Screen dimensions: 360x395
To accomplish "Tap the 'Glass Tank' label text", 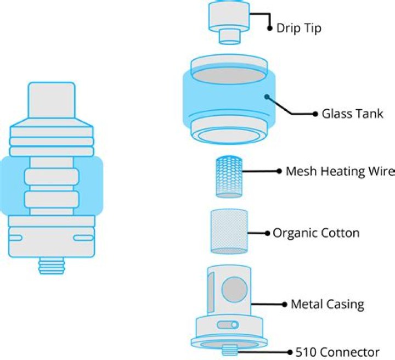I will point(352,114).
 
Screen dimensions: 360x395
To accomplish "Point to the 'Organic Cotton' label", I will point(316,233).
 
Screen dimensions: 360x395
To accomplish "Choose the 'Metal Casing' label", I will point(328,304).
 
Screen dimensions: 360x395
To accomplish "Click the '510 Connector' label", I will point(337,352).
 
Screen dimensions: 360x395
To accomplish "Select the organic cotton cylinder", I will point(230,231).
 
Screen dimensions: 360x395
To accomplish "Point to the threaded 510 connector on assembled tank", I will point(52,267).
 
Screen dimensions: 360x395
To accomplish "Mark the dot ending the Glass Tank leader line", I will point(315,114).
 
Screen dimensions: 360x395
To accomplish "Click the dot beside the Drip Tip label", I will point(269,28).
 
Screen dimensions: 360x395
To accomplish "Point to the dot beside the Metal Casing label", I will point(284,304).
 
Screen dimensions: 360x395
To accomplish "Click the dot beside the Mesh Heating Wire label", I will point(279,171).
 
